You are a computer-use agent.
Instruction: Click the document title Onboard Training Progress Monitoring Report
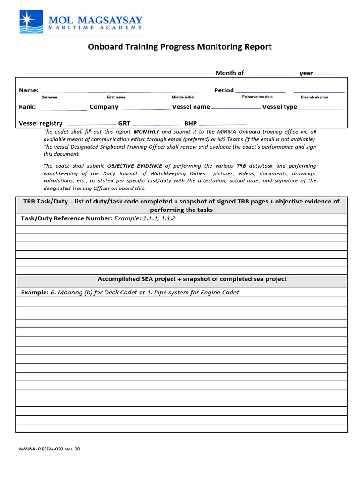pyautogui.click(x=180, y=47)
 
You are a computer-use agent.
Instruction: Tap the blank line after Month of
pyautogui.click(x=272, y=74)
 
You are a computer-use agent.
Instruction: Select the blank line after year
pyautogui.click(x=325, y=74)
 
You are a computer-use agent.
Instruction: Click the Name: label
pyautogui.click(x=28, y=90)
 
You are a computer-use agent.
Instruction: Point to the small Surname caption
pyautogui.click(x=49, y=97)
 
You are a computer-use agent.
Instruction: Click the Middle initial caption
pyautogui.click(x=183, y=97)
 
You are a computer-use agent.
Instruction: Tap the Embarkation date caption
pyautogui.click(x=257, y=97)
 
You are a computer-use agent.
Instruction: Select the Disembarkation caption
pyautogui.click(x=314, y=97)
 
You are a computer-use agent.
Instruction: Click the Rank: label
pyautogui.click(x=27, y=107)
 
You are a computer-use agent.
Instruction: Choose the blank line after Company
pyautogui.click(x=145, y=108)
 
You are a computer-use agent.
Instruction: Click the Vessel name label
pyautogui.click(x=191, y=107)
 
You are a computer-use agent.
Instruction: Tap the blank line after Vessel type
pyautogui.click(x=321, y=108)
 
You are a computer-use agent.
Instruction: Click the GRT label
pyautogui.click(x=124, y=123)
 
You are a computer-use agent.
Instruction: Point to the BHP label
pyautogui.click(x=190, y=123)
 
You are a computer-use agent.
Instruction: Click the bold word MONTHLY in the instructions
pyautogui.click(x=147, y=132)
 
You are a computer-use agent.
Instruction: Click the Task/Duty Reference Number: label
pyautogui.click(x=67, y=219)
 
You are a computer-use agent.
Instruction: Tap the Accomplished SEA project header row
pyautogui.click(x=192, y=279)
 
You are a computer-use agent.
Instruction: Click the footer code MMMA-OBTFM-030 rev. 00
pyautogui.click(x=49, y=449)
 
